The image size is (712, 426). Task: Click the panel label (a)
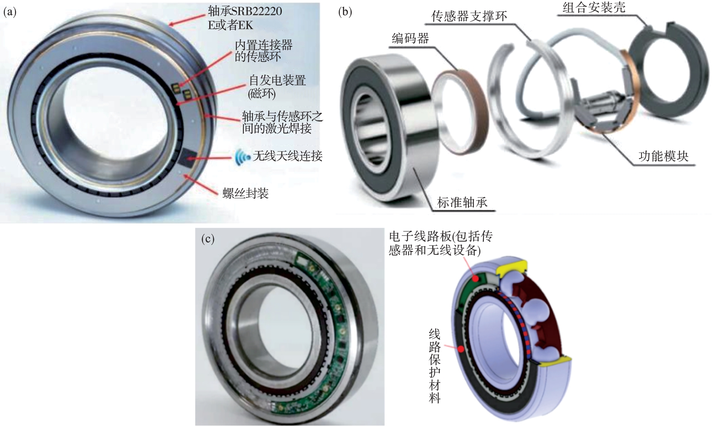(10, 12)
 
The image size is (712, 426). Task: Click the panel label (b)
(345, 12)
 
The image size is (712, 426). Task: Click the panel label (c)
(208, 239)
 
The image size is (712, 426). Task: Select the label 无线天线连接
(287, 156)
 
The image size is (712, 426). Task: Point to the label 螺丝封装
(245, 193)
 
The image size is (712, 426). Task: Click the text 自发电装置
(278, 80)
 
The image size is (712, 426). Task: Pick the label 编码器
(410, 38)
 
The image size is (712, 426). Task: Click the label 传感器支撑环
(469, 16)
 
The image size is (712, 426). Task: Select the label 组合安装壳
(594, 7)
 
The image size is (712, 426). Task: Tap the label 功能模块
(664, 156)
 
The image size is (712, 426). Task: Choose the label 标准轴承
(462, 202)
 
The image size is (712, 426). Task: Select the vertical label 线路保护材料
(435, 366)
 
